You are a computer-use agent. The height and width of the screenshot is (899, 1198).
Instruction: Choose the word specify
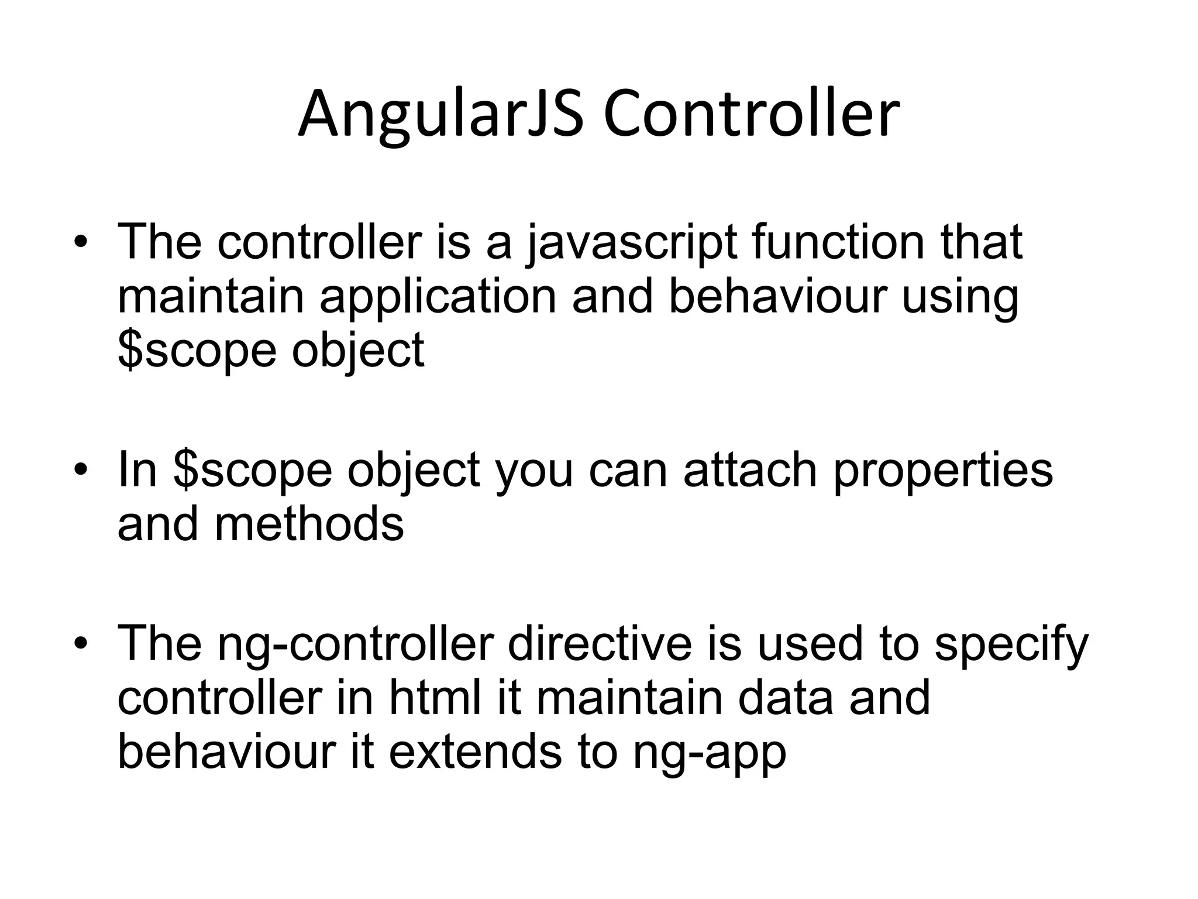[1011, 645]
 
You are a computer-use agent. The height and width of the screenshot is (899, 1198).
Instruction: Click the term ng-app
[709, 754]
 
